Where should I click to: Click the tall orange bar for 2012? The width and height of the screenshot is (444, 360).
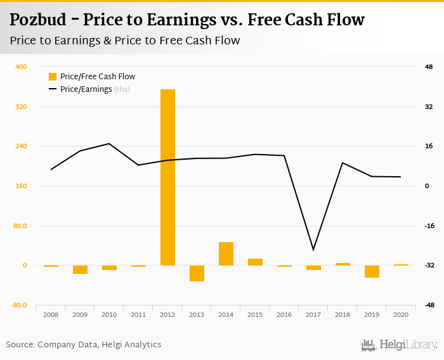point(167,177)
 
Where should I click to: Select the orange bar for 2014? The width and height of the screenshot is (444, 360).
point(226,254)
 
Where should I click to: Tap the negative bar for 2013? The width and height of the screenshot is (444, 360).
point(197,273)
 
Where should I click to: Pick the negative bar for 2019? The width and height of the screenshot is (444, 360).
point(372,271)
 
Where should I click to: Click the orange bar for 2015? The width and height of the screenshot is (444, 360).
point(255,262)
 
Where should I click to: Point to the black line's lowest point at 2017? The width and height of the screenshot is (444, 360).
point(313,250)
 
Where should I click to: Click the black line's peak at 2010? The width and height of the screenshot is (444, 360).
point(109,143)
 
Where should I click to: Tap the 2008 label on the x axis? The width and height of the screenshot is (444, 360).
point(51,314)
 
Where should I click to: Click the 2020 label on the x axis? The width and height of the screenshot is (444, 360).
point(401,314)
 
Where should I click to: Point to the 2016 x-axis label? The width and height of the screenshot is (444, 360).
point(284,314)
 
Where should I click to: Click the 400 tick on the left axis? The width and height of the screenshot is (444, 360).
point(21,67)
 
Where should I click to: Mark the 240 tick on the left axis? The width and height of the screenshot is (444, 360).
point(21,146)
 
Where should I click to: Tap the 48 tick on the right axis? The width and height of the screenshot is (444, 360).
point(429,67)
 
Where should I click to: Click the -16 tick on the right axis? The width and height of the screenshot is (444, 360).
point(429,226)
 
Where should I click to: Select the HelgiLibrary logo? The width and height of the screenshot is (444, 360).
point(399,345)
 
